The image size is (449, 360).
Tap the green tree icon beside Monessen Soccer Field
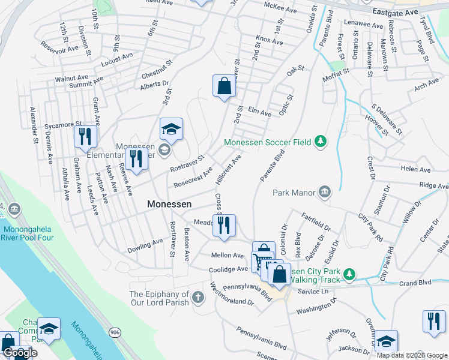[321, 141]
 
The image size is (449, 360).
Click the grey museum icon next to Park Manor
[325, 192]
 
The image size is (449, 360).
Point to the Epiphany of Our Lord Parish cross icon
[199, 297]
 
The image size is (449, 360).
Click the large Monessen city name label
[169, 204]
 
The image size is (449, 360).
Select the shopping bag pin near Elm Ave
[224, 86]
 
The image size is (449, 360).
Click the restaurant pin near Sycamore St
[85, 137]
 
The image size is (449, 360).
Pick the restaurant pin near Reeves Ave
[136, 160]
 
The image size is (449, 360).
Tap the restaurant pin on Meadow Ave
[224, 226]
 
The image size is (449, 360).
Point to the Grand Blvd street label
[415, 282]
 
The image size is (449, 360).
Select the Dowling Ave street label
[145, 245]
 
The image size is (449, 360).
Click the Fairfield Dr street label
[316, 223]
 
